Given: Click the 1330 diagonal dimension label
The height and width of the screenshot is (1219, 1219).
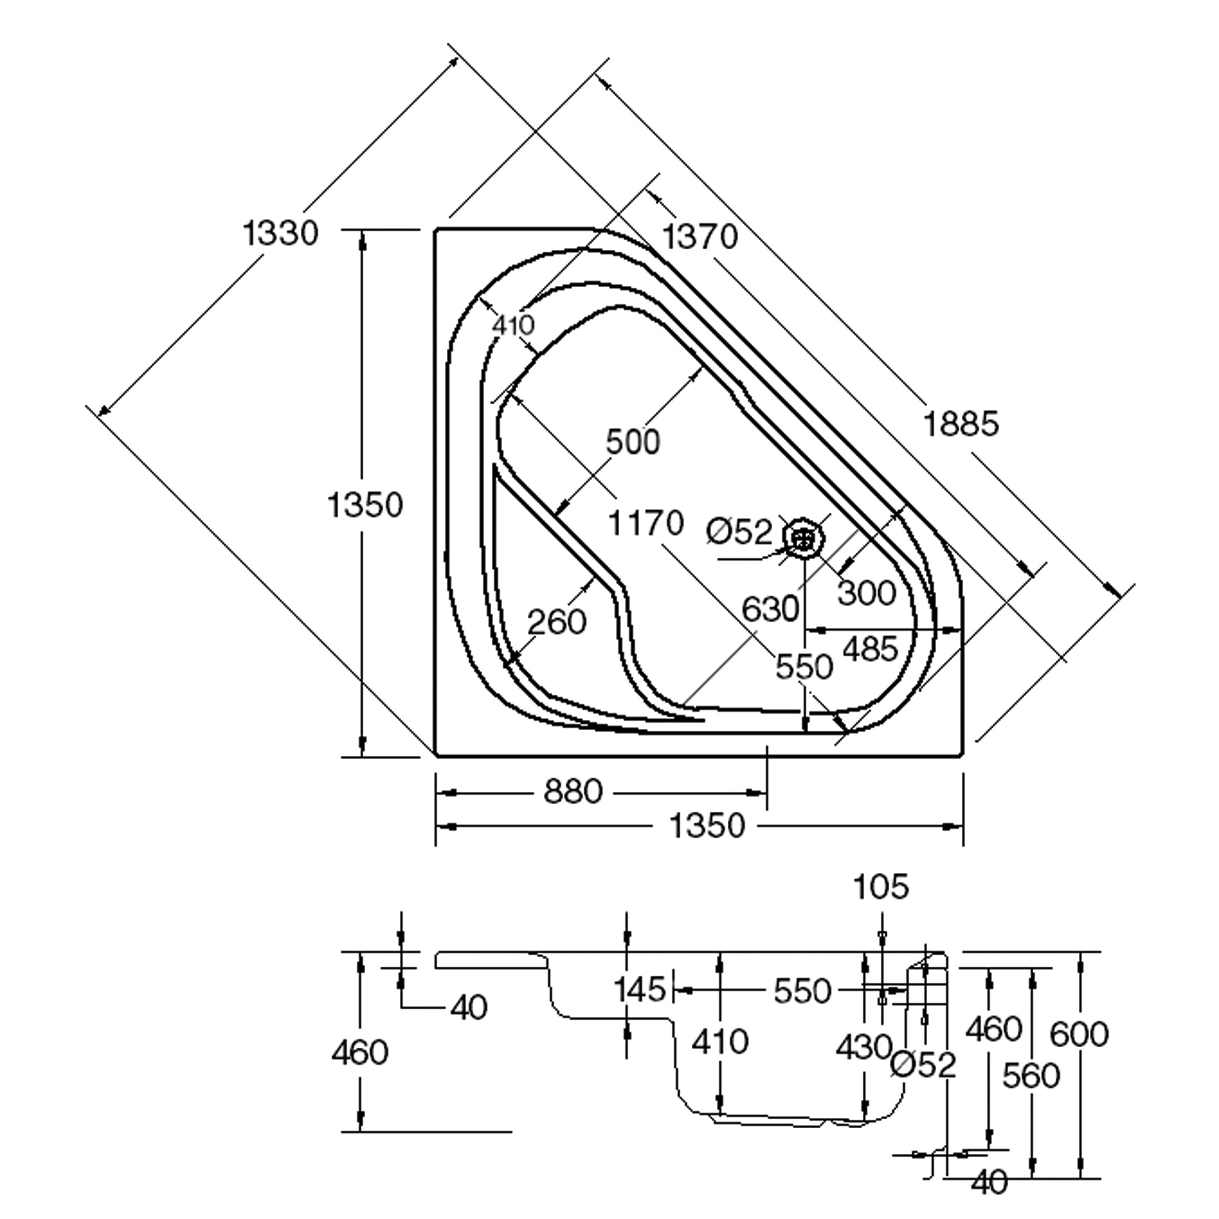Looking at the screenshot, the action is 280,233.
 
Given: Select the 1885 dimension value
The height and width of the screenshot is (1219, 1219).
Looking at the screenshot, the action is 961,424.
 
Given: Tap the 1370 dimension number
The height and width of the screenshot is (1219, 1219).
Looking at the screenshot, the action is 700,237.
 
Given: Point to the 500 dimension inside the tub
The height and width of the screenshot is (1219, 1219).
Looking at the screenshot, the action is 632,441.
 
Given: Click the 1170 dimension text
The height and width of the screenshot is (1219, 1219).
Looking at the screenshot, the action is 645,523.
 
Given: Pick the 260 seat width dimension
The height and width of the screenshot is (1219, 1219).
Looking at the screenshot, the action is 556,622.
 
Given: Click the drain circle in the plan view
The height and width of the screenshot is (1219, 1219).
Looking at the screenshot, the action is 804,538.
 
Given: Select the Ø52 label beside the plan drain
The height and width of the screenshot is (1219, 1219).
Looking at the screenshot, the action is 739,532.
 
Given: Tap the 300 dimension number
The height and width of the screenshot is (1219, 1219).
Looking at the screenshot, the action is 867,592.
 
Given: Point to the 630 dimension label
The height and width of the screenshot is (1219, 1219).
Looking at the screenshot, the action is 770,609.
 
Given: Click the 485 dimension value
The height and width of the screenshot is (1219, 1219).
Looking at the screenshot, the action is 870,649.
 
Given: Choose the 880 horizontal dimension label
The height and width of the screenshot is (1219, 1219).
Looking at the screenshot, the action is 573,791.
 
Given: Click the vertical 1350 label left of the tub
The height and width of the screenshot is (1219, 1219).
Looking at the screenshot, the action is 364,505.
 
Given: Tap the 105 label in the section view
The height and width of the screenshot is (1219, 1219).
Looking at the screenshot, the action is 881,886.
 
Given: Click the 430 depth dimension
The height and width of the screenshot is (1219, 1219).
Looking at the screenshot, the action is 864,1048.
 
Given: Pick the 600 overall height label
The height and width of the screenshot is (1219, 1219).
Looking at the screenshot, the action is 1079,1034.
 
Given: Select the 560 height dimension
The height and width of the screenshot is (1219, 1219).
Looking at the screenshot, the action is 1031,1076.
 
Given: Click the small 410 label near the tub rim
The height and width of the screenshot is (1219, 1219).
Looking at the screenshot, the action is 514,325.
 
